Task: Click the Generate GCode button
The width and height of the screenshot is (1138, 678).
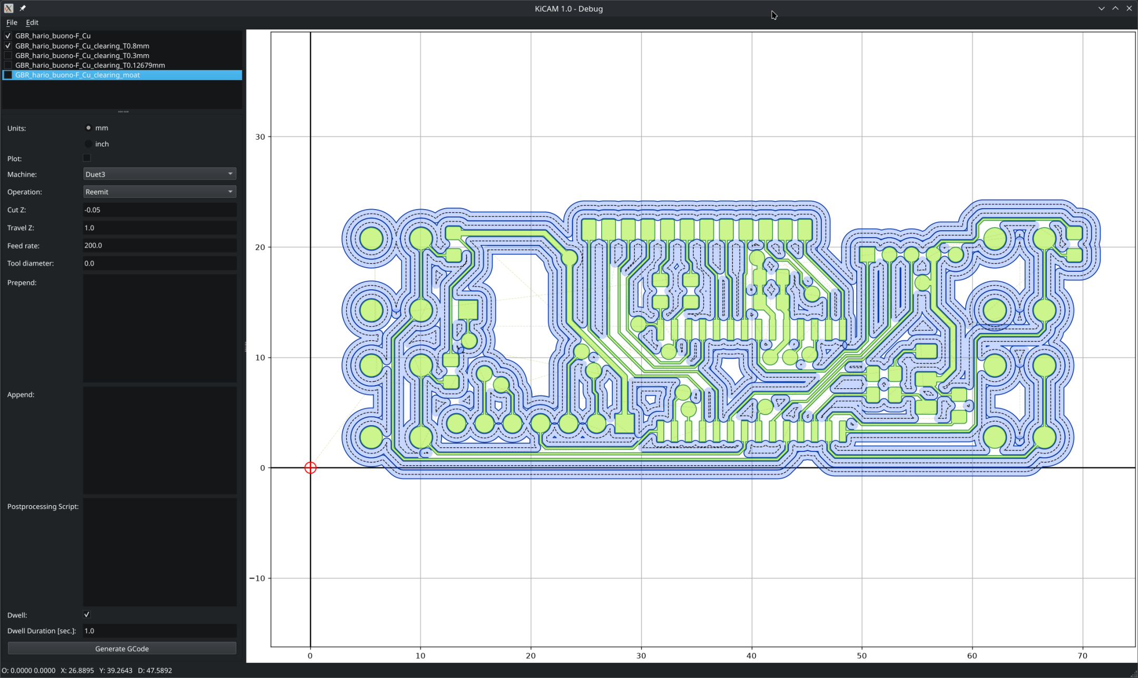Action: pos(122,648)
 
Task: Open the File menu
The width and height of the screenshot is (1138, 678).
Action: pos(12,23)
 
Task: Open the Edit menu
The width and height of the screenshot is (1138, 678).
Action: pos(32,23)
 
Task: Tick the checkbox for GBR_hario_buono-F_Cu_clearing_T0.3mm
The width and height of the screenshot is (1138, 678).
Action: pos(8,55)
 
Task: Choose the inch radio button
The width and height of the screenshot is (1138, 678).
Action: pos(89,144)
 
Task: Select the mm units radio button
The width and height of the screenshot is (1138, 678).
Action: pos(89,128)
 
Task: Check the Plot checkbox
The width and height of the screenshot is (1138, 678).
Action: pos(87,158)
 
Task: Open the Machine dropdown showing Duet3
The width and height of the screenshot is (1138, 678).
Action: pos(160,174)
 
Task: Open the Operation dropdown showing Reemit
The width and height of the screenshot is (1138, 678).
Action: pos(160,192)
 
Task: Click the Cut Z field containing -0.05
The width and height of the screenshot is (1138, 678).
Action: pos(160,210)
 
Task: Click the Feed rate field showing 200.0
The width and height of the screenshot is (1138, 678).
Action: pos(160,245)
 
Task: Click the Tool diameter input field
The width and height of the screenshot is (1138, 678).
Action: pos(160,263)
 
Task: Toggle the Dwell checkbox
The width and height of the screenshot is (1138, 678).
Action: pos(87,614)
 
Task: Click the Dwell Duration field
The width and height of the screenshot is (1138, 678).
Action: pos(160,631)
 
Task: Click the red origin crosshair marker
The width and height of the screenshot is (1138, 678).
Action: pos(310,468)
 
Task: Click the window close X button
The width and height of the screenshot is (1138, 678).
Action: pos(1129,8)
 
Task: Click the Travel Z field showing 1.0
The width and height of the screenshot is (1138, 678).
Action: pos(160,228)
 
